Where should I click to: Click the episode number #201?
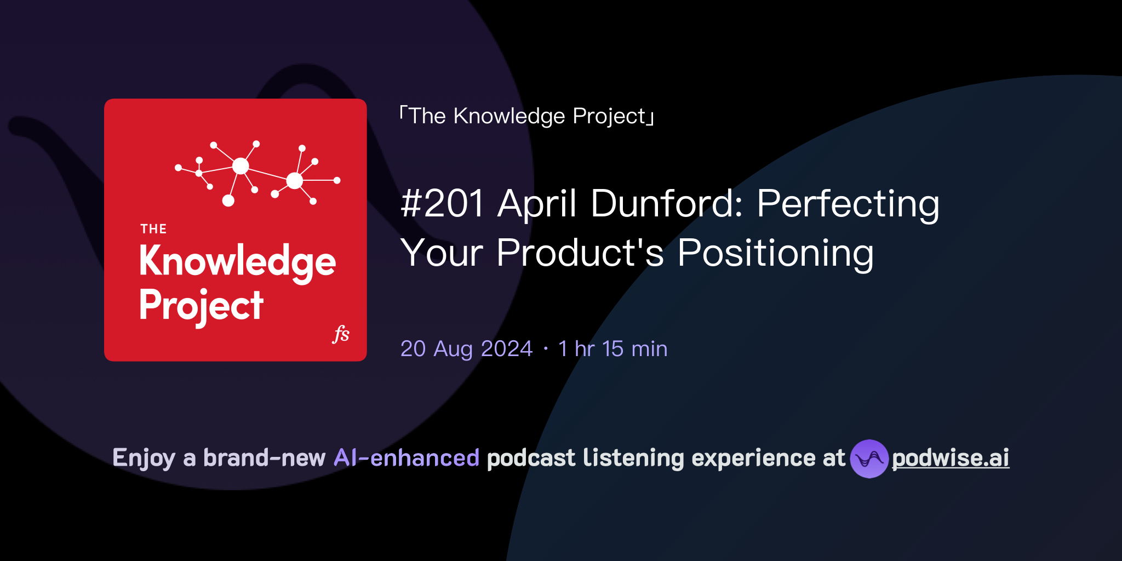(x=443, y=204)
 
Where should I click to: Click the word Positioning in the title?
(x=775, y=253)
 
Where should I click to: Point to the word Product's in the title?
(x=580, y=253)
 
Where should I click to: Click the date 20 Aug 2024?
(x=466, y=349)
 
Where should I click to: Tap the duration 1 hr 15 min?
(x=612, y=349)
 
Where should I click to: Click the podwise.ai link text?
(x=951, y=458)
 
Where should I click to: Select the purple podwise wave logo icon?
(x=869, y=459)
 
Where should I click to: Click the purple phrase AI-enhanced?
(x=407, y=458)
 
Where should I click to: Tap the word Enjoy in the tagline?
(x=144, y=458)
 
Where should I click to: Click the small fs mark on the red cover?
(x=341, y=334)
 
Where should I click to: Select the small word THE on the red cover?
(x=153, y=229)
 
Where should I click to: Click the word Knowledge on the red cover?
(x=237, y=262)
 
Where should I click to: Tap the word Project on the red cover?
(x=201, y=306)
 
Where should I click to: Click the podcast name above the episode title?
(x=527, y=116)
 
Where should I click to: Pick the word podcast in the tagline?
(x=531, y=458)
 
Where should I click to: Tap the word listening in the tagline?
(x=633, y=458)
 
